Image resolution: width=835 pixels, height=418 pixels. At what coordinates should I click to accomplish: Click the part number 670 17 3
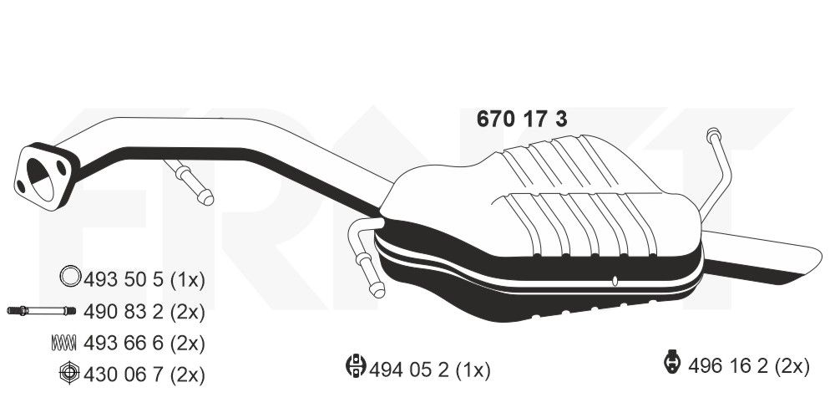point(522,120)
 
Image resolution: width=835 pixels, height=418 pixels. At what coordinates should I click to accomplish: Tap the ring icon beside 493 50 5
point(71,278)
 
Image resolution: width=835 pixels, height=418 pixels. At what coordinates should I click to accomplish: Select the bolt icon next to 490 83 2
point(42,311)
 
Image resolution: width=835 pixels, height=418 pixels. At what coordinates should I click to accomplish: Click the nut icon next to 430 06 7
point(70,373)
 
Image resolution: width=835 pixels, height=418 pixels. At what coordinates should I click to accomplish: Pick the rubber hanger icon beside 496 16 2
point(671,363)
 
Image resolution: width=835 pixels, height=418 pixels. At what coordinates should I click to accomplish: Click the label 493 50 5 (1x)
point(144,278)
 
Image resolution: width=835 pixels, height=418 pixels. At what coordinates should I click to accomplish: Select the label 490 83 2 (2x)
point(144,311)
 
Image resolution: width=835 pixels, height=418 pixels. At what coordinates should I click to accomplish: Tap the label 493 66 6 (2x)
point(144,342)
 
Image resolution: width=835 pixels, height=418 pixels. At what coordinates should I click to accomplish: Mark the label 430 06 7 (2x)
point(144,373)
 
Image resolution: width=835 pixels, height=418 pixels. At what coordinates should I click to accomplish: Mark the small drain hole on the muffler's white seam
point(614,280)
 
